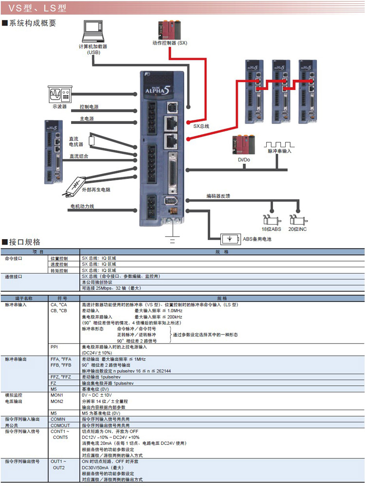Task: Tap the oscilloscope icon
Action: (x=60, y=93)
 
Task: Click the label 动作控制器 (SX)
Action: (x=169, y=43)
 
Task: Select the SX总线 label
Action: (x=201, y=125)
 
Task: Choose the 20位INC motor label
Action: (x=297, y=229)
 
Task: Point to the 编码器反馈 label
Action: (x=218, y=196)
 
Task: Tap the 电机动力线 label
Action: (x=81, y=207)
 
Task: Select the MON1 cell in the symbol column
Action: (x=57, y=395)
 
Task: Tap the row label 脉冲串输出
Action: (x=16, y=359)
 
